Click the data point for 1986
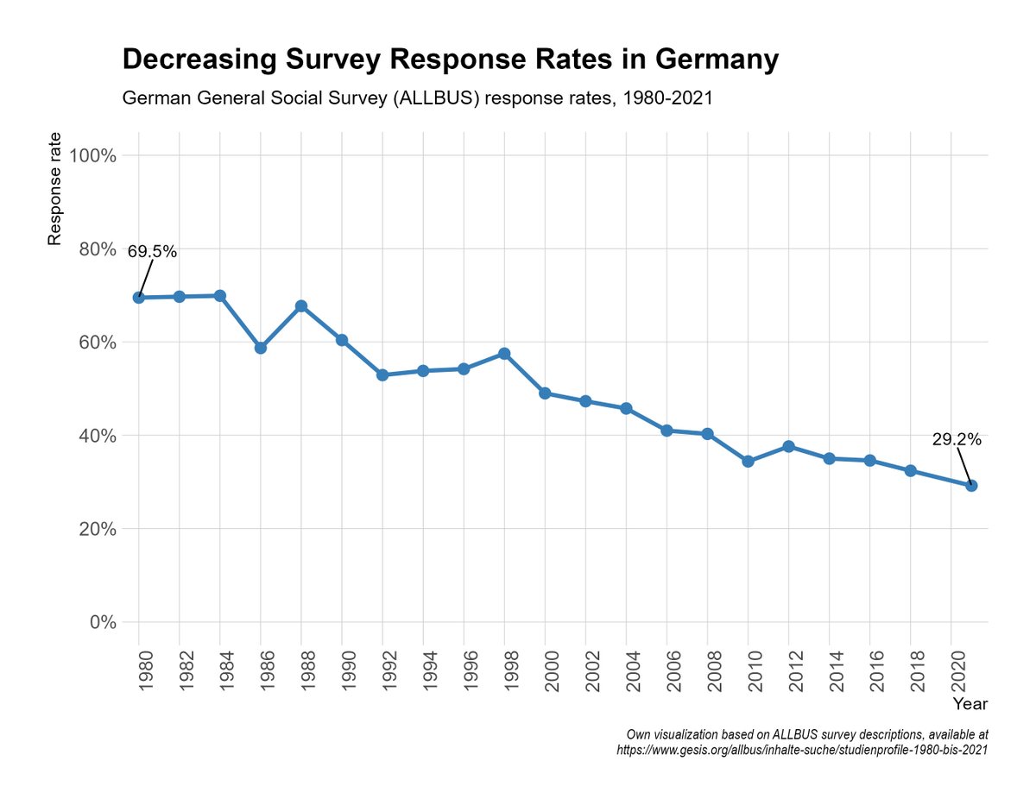pyautogui.click(x=261, y=348)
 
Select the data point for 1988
pyautogui.click(x=301, y=306)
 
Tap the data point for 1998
pyautogui.click(x=504, y=354)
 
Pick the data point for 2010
pyautogui.click(x=748, y=462)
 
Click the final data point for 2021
pyautogui.click(x=971, y=486)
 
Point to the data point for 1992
pyautogui.click(x=382, y=375)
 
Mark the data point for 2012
pyautogui.click(x=788, y=446)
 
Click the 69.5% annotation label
pyautogui.click(x=152, y=252)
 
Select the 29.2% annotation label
pyautogui.click(x=957, y=439)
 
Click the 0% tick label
pyautogui.click(x=102, y=622)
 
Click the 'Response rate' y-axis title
pyautogui.click(x=54, y=189)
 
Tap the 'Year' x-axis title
pyautogui.click(x=970, y=704)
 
